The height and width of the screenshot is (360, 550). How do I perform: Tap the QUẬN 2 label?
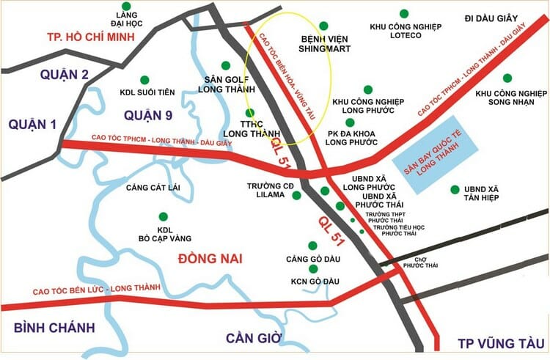pos(65,74)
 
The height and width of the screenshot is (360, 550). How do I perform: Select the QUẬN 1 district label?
pos(32,125)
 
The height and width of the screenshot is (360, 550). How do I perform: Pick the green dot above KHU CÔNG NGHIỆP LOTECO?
pos(403,13)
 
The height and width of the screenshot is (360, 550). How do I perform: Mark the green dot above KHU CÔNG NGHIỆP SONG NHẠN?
pos(507,78)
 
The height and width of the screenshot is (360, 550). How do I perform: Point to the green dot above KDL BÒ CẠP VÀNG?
pos(163,216)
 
